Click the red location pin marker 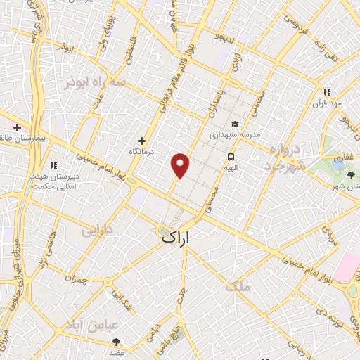coord(181,165)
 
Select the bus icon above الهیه coord(231,157)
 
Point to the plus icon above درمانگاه coord(142,141)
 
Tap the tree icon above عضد coord(116,341)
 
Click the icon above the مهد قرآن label coord(327,92)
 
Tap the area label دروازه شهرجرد coord(285,159)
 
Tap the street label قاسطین coord(130,53)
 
